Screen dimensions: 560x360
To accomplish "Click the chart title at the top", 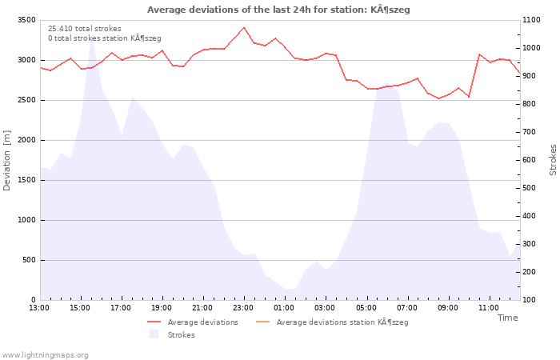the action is pyautogui.click(x=278, y=10).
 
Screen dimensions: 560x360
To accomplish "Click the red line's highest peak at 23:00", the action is pyautogui.click(x=244, y=27).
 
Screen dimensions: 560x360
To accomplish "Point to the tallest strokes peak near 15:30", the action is pyautogui.click(x=92, y=38).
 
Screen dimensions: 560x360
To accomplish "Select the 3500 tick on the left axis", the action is pyautogui.click(x=26, y=20).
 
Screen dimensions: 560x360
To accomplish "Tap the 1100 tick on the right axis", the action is pyautogui.click(x=531, y=20).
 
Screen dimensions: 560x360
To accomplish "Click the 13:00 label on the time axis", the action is pyautogui.click(x=39, y=308).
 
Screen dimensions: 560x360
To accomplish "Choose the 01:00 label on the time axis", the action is pyautogui.click(x=284, y=308).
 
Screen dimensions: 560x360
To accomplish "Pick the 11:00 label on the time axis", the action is pyautogui.click(x=489, y=308).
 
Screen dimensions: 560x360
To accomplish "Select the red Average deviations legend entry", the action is pyautogui.click(x=193, y=322).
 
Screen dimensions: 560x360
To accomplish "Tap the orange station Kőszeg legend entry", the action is pyautogui.click(x=332, y=322).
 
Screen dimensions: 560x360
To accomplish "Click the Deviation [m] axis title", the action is pyautogui.click(x=6, y=160).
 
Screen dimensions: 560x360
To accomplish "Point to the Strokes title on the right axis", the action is pyautogui.click(x=553, y=160).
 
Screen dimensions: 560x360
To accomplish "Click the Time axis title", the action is pyautogui.click(x=508, y=318).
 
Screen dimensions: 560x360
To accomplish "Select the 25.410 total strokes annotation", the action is pyautogui.click(x=85, y=29).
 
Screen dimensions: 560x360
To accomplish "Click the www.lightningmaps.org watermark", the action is pyautogui.click(x=45, y=355).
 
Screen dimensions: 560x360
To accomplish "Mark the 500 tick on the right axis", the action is pyautogui.click(x=530, y=188).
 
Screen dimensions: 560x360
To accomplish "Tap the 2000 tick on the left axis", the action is pyautogui.click(x=26, y=140).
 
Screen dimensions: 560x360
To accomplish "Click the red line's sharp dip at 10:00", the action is pyautogui.click(x=469, y=97).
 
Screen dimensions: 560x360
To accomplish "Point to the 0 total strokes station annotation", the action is pyautogui.click(x=105, y=38).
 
